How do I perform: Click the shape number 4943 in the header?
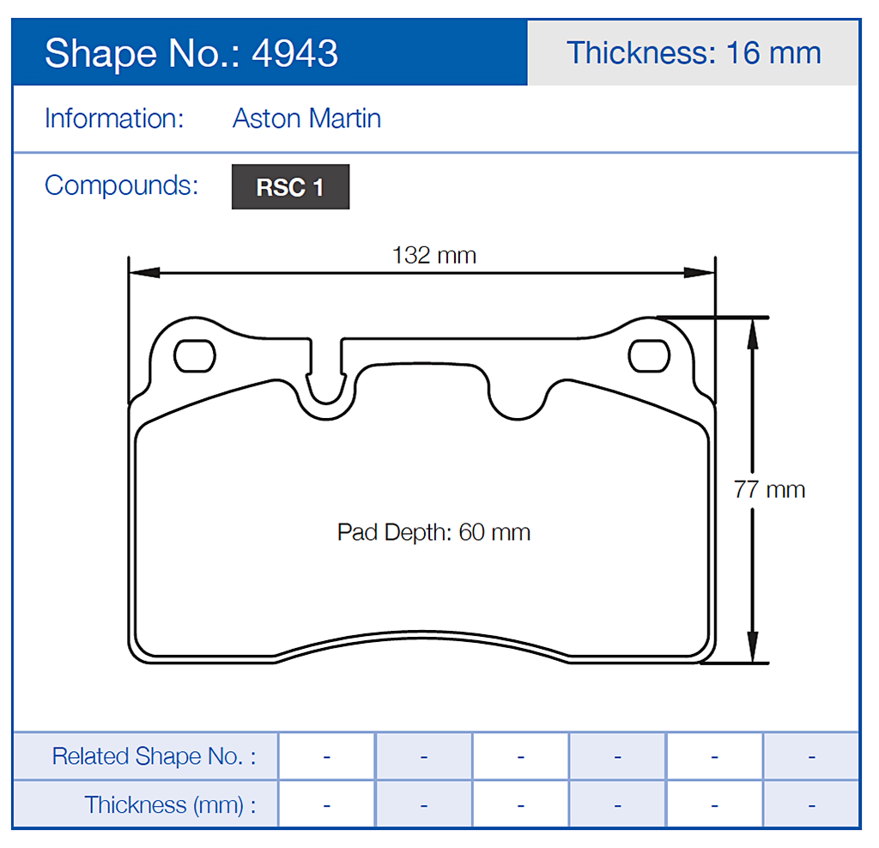coord(294,53)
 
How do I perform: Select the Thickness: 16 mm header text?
coord(694,53)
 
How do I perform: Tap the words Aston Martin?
coord(306,118)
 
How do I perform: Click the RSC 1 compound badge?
coord(290,187)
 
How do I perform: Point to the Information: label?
coord(114,118)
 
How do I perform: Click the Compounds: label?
coord(121,185)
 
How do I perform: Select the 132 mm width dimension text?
coord(433,255)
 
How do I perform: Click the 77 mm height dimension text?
coord(769,489)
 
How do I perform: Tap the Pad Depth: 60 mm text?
coord(433,532)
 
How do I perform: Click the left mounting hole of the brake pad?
coord(194,356)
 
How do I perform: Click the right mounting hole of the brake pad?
coord(648,356)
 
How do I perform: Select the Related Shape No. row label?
coord(154,756)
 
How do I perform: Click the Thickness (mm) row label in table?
coord(169,805)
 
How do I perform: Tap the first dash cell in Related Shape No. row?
coord(327,756)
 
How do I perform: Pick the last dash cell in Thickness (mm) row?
coord(811,805)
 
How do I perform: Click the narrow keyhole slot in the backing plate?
coord(326,378)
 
